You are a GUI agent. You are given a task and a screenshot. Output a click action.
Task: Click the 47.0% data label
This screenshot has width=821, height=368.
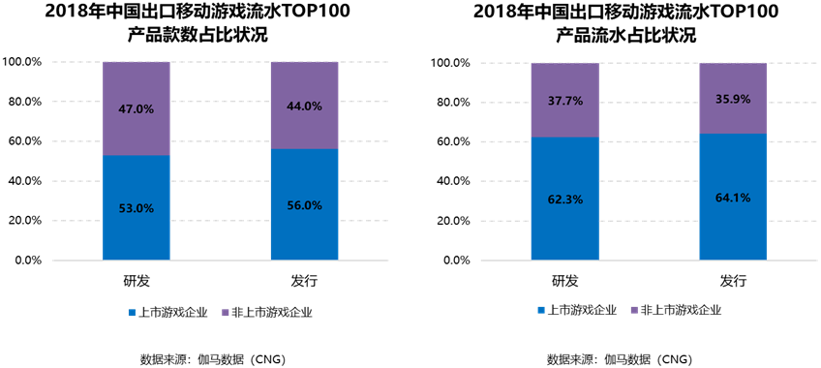(137, 109)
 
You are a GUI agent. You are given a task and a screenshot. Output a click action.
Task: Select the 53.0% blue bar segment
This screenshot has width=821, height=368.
(137, 207)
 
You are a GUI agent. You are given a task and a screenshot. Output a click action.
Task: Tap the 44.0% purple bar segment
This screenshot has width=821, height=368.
(304, 106)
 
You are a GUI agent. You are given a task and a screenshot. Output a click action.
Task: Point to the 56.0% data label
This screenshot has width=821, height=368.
(304, 205)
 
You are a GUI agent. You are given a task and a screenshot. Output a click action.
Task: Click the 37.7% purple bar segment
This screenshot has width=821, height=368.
(565, 100)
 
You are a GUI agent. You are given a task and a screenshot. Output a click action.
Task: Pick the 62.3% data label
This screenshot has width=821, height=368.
(565, 199)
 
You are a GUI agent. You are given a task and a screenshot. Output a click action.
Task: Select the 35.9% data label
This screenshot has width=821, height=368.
(733, 99)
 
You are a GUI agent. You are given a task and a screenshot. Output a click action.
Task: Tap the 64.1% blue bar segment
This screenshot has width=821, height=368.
(733, 197)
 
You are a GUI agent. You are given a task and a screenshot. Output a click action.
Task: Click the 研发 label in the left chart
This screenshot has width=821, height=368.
(137, 282)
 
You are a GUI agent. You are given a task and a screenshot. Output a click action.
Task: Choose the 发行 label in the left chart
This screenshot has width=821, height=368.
(304, 282)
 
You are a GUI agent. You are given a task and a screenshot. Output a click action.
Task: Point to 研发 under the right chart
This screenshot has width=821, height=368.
(565, 282)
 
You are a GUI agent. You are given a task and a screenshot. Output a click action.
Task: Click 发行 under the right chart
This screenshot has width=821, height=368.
(733, 282)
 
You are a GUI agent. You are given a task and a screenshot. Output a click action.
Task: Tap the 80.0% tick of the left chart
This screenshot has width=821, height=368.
(24, 102)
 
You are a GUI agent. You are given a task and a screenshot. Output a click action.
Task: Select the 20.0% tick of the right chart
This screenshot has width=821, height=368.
(453, 221)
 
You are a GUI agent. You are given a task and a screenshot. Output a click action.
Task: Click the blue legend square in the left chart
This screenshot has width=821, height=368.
(132, 313)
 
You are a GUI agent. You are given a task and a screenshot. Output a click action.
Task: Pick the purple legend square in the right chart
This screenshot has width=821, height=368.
(634, 311)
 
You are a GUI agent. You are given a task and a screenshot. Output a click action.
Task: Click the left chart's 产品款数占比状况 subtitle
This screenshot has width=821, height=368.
(198, 36)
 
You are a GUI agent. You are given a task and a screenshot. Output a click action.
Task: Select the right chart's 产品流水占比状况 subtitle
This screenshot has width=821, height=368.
(625, 36)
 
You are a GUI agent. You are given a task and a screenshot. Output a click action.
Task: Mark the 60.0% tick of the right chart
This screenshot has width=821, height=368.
(453, 141)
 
